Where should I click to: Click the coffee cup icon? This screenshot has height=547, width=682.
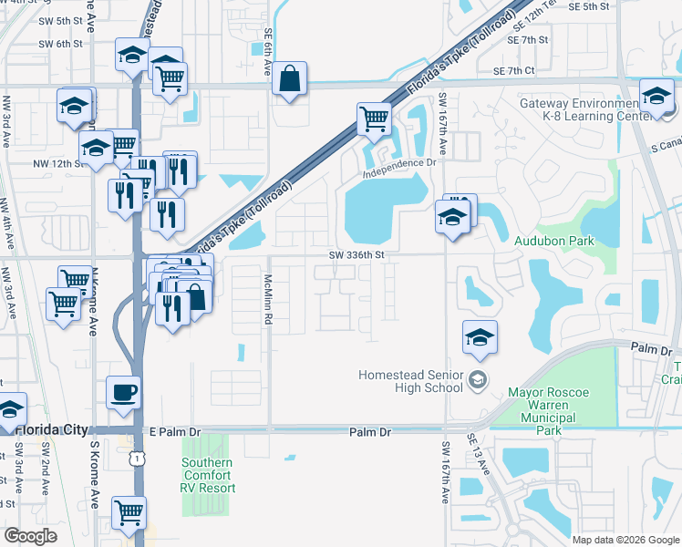124,393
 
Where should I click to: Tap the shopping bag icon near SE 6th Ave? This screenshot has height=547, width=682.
289,79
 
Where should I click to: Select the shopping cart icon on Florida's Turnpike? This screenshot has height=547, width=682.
374,119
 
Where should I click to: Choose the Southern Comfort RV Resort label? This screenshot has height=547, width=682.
207,475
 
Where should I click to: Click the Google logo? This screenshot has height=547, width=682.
30,536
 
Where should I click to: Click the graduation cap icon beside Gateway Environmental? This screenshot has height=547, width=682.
656,97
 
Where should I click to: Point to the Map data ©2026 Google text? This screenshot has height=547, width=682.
625,540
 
